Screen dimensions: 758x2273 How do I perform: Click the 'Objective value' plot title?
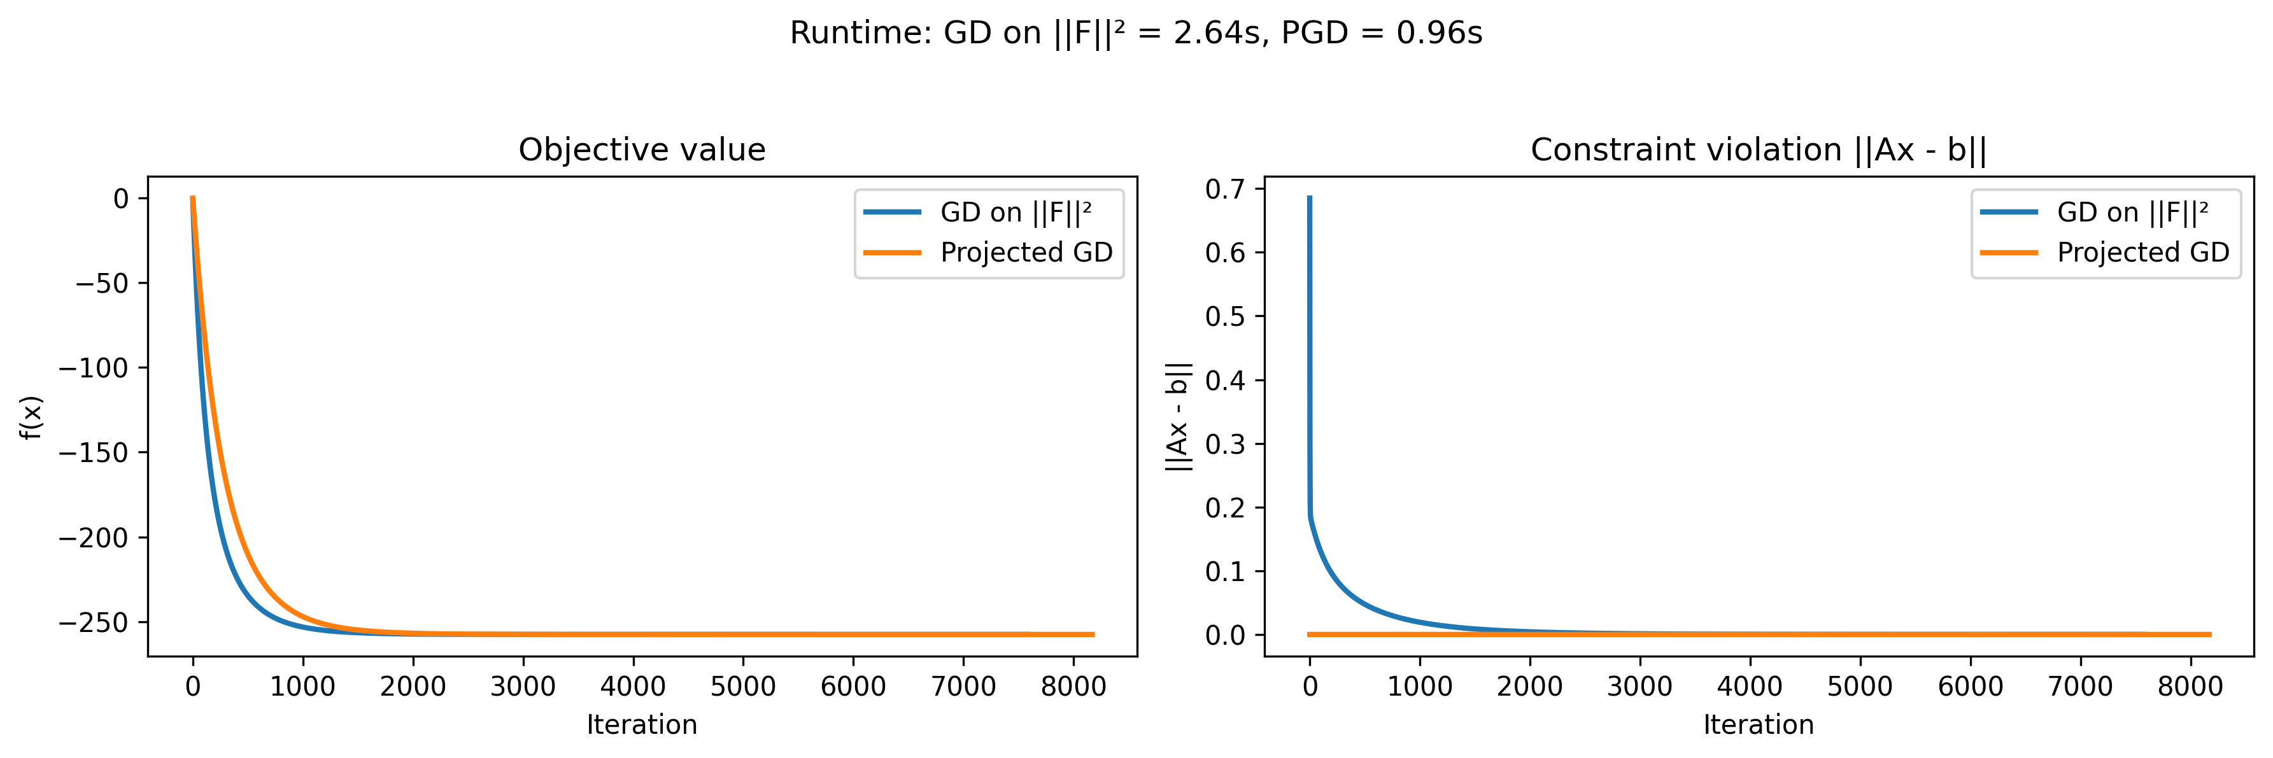[x=642, y=150]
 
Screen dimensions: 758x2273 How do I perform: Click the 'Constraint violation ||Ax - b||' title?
[x=1758, y=150]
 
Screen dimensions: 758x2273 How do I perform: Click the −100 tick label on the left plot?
[x=94, y=368]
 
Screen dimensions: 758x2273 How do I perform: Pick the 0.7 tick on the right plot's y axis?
[x=1225, y=189]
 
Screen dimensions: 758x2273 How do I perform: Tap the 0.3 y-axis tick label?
[x=1225, y=444]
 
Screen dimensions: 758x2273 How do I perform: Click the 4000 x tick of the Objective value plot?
[x=633, y=687]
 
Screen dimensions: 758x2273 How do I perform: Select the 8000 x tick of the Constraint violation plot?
[x=2190, y=687]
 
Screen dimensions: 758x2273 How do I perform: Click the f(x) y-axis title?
[x=31, y=418]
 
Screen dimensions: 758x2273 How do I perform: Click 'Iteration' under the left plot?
[x=642, y=726]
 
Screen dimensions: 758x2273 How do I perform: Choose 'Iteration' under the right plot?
[x=1758, y=726]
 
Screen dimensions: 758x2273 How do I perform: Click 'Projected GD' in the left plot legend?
[x=1026, y=253]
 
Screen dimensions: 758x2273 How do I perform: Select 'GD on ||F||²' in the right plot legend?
[x=2132, y=213]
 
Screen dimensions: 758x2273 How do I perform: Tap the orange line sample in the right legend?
[x=2009, y=253]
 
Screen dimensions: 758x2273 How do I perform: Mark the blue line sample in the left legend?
[x=892, y=213]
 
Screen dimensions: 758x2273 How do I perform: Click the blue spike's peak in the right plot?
[x=1310, y=198]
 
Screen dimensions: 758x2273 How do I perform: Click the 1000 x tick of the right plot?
[x=1420, y=687]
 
